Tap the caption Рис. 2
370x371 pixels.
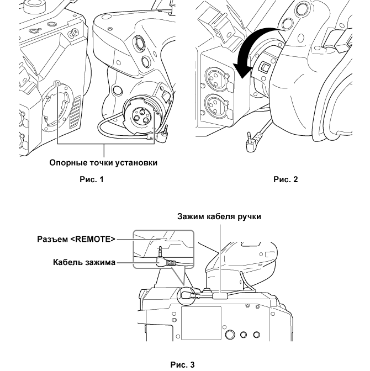286,179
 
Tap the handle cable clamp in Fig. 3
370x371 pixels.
219,296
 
